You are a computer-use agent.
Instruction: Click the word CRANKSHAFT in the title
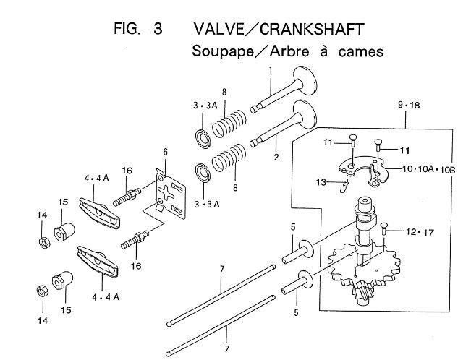point(312,29)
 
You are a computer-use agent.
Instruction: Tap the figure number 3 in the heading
point(157,29)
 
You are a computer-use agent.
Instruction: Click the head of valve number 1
point(305,80)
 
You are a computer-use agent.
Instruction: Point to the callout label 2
point(276,157)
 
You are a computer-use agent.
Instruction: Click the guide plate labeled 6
point(170,192)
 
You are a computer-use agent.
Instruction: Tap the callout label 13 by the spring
point(321,182)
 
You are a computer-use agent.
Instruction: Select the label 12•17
point(420,232)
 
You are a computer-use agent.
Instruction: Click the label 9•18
point(409,105)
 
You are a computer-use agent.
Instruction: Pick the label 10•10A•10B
point(429,170)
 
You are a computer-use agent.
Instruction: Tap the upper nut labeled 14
point(44,242)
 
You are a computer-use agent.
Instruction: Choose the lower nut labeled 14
point(42,291)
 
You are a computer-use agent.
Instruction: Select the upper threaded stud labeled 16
point(127,197)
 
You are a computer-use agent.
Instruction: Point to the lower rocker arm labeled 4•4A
point(98,261)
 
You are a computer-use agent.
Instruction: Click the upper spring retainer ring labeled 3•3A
point(203,138)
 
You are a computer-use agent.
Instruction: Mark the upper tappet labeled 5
point(298,252)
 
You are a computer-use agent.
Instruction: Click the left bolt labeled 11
point(353,141)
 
